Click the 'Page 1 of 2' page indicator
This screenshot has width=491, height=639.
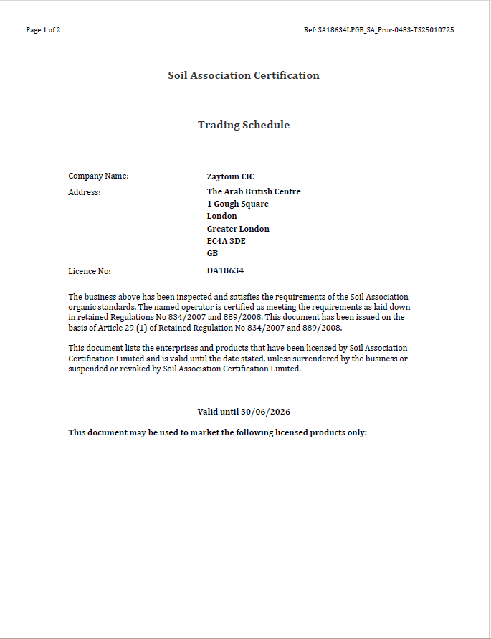pos(43,30)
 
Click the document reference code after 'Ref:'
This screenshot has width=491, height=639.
pos(386,30)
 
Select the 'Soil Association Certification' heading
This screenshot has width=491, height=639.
pos(244,75)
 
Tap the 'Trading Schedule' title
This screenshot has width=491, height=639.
pos(244,125)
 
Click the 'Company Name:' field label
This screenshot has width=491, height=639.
pos(98,176)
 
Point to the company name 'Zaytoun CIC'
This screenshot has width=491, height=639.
pos(230,176)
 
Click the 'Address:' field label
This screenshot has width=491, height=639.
pos(85,192)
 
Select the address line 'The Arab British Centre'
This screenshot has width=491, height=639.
pos(254,191)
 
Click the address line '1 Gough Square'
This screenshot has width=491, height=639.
pos(237,204)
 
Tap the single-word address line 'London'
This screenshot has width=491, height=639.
pos(221,216)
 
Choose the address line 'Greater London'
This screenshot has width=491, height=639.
pos(238,229)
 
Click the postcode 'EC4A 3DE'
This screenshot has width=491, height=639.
pos(226,241)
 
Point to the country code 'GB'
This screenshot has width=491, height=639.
pos(212,253)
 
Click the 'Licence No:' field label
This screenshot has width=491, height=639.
pos(90,271)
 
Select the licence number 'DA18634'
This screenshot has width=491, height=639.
pos(225,270)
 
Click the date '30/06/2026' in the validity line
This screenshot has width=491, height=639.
pos(265,412)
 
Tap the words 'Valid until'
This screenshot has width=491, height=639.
pos(218,412)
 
